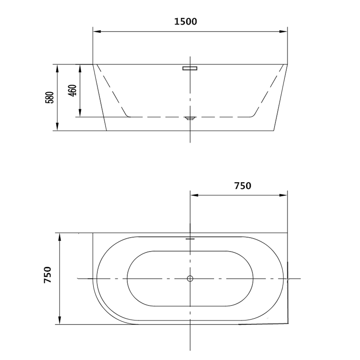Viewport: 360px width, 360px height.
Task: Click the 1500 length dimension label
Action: [x=185, y=22]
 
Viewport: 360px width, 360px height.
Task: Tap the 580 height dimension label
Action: [x=49, y=98]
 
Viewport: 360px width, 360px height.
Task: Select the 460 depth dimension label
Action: [x=72, y=90]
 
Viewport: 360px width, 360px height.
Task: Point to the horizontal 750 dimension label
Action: [x=243, y=186]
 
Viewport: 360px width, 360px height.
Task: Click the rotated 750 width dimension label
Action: [x=48, y=275]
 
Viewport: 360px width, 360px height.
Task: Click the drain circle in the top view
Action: [x=190, y=279]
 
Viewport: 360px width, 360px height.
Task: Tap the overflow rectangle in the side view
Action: [x=190, y=68]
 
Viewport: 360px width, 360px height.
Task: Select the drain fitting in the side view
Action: [x=190, y=118]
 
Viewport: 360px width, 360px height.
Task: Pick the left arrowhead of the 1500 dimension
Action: [x=97, y=31]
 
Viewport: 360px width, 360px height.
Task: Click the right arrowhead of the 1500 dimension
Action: [x=283, y=31]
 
